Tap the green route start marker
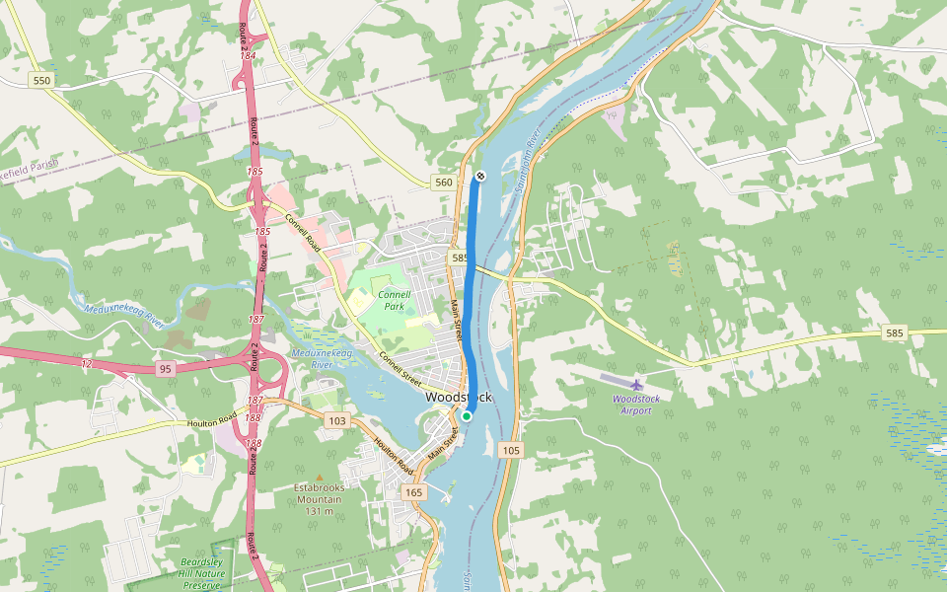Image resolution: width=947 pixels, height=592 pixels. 467,416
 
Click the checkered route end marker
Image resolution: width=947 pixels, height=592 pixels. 480,176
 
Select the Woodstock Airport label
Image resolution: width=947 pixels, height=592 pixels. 636,404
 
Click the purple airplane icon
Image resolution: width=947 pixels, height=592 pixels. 637,384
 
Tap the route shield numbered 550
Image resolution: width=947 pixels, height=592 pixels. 40,80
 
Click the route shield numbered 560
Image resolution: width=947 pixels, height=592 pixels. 443,183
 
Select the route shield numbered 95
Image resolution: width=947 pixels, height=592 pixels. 165,369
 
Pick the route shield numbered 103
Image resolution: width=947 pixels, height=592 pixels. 337,421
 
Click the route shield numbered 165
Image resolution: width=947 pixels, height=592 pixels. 413,491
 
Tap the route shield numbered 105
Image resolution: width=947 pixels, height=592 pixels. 510,450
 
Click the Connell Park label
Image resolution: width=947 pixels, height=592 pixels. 394,300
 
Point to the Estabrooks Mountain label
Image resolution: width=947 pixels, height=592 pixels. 318,499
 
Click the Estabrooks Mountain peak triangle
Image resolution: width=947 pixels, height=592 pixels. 318,479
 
